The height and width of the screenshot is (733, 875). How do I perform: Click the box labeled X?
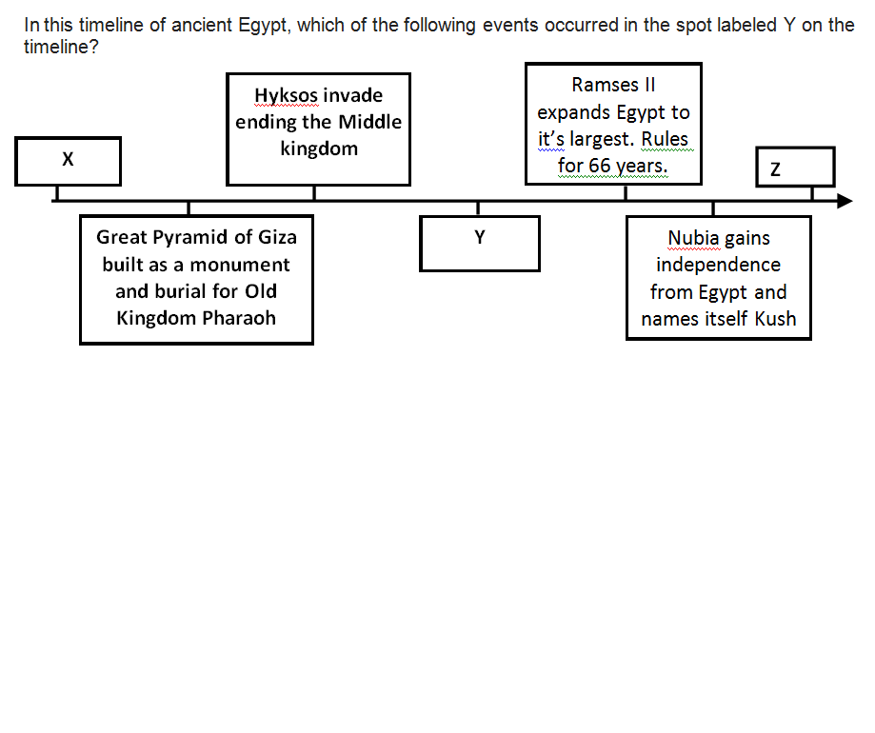[x=68, y=161]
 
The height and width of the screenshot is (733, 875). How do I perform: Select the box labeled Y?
[x=480, y=244]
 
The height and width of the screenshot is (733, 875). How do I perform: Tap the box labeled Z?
[x=795, y=168]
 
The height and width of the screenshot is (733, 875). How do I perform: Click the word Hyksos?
[x=286, y=95]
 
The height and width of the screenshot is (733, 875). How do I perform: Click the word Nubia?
[x=694, y=238]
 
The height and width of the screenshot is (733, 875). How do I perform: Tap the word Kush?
[x=775, y=319]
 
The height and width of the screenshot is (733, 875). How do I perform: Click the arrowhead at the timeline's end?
[x=845, y=201]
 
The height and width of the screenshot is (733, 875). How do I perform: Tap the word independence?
[x=719, y=265]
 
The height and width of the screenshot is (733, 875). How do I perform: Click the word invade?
[x=352, y=95]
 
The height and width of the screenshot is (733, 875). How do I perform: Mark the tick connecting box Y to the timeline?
[x=478, y=208]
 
